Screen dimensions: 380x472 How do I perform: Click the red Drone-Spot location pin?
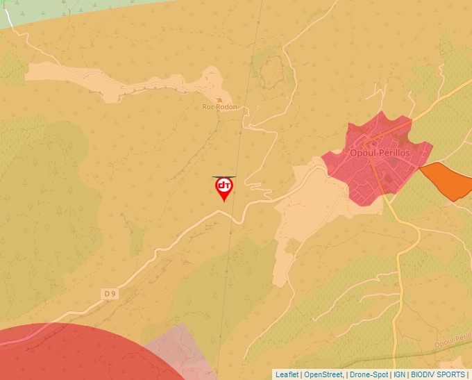click(x=224, y=188)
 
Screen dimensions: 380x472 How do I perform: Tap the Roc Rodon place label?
click(x=219, y=107)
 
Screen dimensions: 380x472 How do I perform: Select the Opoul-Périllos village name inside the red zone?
click(x=380, y=152)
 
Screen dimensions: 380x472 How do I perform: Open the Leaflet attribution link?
click(x=287, y=374)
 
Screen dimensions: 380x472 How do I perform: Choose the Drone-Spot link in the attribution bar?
click(x=369, y=374)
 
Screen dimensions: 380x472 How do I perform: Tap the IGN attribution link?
click(x=399, y=374)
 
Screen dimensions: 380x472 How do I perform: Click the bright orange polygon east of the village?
click(x=446, y=180)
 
